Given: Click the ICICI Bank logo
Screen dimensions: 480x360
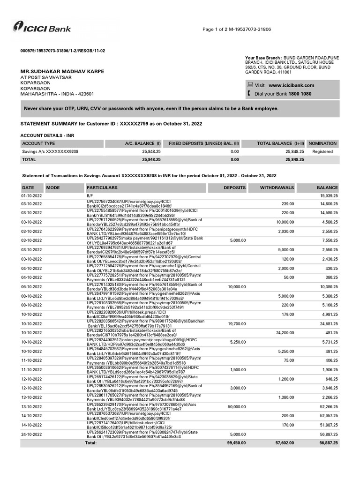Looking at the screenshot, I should [x=42, y=28].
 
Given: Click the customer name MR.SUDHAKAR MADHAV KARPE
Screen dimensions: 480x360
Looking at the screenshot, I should [x=62, y=71].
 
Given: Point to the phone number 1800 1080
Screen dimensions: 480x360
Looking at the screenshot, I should [x=300, y=94].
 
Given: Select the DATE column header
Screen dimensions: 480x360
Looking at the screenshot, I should [x=28, y=187].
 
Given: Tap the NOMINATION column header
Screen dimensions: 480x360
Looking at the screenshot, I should [x=322, y=143].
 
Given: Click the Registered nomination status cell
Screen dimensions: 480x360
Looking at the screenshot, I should [x=322, y=152].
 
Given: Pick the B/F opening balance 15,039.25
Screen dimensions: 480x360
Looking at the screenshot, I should [x=329, y=195].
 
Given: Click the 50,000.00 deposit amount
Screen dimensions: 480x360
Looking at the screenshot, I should [x=236, y=407].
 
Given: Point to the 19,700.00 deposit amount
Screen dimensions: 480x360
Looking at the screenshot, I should [x=237, y=323].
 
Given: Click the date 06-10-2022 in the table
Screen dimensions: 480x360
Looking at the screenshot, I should [x=31, y=286].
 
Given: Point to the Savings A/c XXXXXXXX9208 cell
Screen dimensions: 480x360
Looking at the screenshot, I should [x=50, y=152].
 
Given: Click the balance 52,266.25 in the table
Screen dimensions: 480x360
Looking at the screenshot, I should [x=329, y=407].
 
